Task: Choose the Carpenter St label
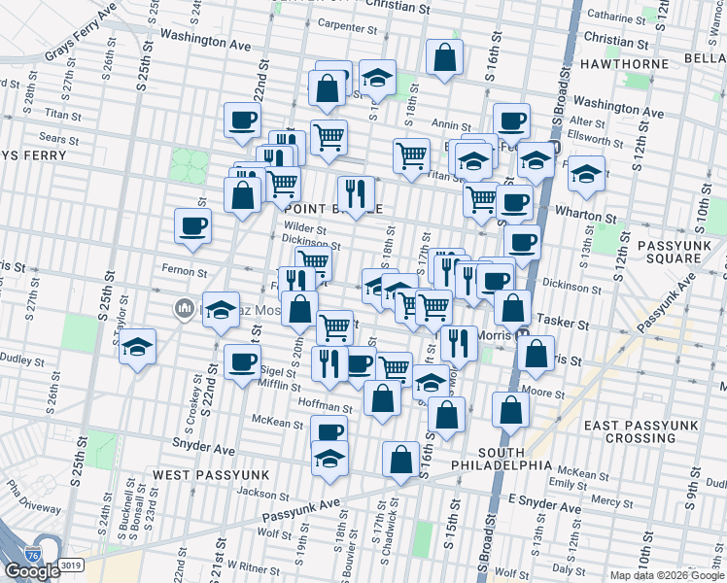pos(353,25)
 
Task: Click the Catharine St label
pos(623,17)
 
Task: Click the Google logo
pos(32,571)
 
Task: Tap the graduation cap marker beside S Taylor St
pos(138,344)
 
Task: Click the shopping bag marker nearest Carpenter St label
pos(329,87)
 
